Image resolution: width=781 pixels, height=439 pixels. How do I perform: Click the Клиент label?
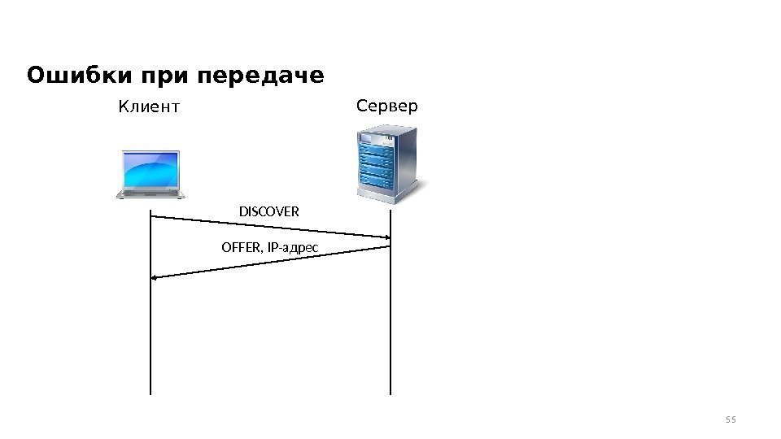click(149, 106)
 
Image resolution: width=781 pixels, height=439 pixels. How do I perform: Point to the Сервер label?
click(386, 106)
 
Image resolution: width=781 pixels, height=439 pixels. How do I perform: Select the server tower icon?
click(388, 160)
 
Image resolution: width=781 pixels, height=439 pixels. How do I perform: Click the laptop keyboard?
click(150, 193)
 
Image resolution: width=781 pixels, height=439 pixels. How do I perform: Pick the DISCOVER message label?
click(268, 212)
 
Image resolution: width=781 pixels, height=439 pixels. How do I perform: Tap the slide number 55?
click(730, 419)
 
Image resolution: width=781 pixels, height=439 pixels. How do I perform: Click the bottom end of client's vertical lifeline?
click(151, 393)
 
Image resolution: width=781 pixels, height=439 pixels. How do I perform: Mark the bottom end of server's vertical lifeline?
click(390, 393)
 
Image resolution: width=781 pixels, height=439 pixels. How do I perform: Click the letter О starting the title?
click(36, 76)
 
